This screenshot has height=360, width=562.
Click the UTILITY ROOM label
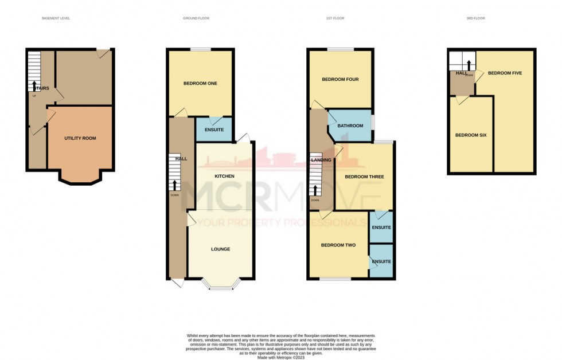point(80,138)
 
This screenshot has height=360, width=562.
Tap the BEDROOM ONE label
point(200,84)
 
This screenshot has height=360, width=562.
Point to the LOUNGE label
point(220,249)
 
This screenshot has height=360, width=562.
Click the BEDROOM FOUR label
point(340,79)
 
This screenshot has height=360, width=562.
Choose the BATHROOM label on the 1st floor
point(350,126)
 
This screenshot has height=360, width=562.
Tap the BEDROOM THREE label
point(364,177)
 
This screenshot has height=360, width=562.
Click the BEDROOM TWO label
point(338,245)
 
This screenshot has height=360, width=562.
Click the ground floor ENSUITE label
point(214,130)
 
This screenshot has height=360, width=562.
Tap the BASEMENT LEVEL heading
point(56,18)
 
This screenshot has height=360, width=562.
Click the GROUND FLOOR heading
point(196,18)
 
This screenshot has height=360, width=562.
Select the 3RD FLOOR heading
point(475,18)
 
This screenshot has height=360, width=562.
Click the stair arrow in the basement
point(33,87)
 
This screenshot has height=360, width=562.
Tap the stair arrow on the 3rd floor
point(469,64)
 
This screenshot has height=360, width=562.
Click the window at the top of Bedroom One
point(201,50)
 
